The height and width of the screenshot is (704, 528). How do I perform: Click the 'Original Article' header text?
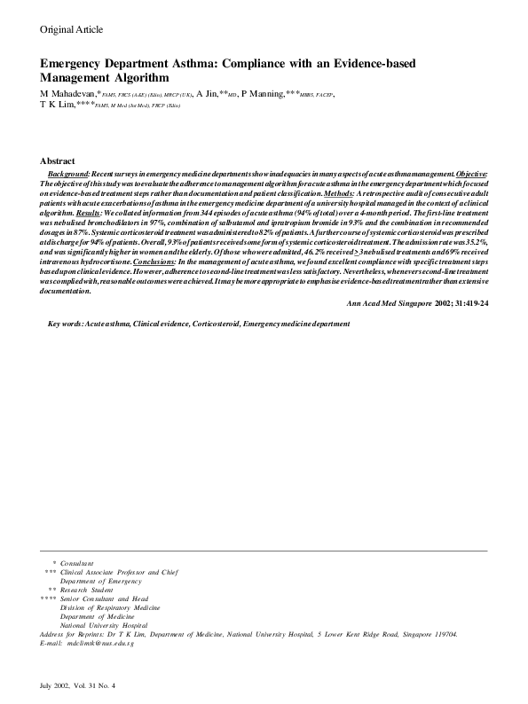coord(71,30)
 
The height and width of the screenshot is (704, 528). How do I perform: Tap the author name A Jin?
coord(205,93)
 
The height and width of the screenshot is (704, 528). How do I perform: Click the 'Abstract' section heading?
coord(58,160)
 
